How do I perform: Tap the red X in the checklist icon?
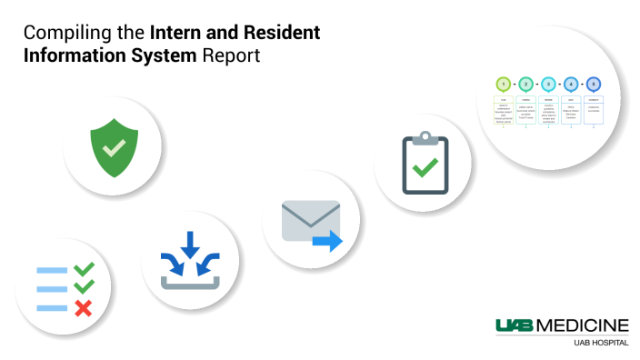click(x=83, y=308)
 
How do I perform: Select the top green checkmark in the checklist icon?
click(x=84, y=269)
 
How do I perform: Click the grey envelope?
click(x=308, y=221)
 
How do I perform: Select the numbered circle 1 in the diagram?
click(x=503, y=84)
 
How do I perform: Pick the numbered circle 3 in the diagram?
click(x=548, y=84)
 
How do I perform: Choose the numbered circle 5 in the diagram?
click(x=593, y=84)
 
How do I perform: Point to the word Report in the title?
click(x=232, y=55)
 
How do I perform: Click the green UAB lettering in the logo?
click(x=515, y=325)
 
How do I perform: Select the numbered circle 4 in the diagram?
click(x=571, y=84)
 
